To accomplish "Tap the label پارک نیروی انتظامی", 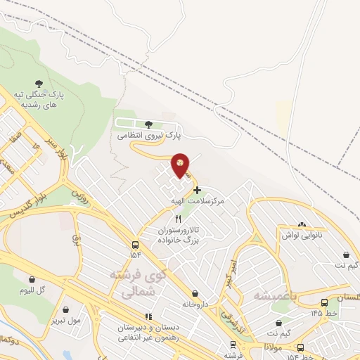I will coord(150,134).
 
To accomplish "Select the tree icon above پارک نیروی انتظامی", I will coord(149,124).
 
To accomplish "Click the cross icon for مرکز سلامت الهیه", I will coord(197,190).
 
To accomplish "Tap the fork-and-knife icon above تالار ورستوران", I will coord(168,219).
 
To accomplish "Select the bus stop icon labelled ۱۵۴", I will coord(135,245).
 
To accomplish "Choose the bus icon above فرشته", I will coord(232,345).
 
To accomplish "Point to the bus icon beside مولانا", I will coord(300,347).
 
